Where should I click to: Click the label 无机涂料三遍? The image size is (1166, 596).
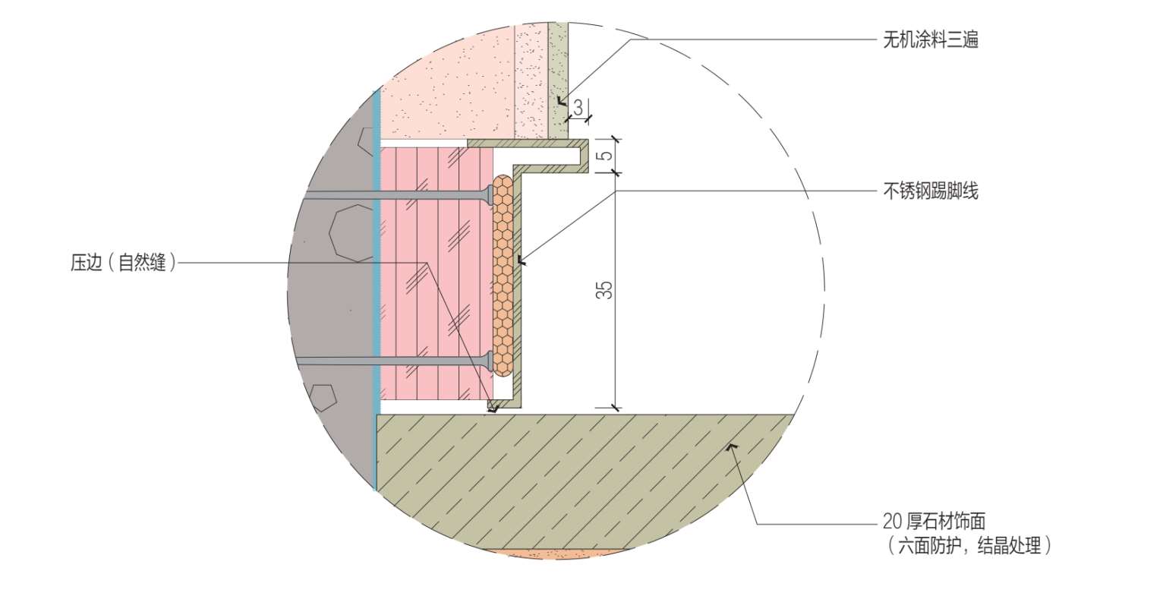pyautogui.click(x=930, y=39)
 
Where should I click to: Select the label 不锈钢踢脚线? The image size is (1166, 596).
pyautogui.click(x=930, y=191)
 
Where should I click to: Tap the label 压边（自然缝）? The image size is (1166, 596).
pyautogui.click(x=124, y=263)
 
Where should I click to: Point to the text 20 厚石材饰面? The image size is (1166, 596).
pyautogui.click(x=934, y=521)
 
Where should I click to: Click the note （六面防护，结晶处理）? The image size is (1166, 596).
pyautogui.click(x=967, y=545)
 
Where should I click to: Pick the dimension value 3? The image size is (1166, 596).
pyautogui.click(x=578, y=108)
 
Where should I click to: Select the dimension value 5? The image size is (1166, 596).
pyautogui.click(x=607, y=155)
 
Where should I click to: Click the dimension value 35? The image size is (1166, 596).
pyautogui.click(x=605, y=290)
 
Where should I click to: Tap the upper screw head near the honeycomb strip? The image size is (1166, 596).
pyautogui.click(x=490, y=195)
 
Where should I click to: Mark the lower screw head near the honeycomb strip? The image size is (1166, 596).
pyautogui.click(x=490, y=361)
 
